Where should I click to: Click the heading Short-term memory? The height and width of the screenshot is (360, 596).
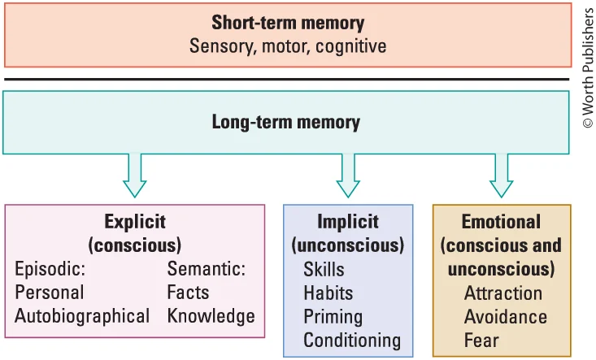pos(288,23)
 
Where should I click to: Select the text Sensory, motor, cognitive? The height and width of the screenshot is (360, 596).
pos(288,46)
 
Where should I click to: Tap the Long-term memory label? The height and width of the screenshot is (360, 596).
pos(285,123)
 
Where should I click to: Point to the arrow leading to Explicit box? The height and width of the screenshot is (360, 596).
pos(135,174)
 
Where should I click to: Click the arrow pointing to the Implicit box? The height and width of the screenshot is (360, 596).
pos(348,174)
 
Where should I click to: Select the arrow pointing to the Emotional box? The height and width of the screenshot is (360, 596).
pos(502,174)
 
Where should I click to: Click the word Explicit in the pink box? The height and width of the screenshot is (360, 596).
pos(134,222)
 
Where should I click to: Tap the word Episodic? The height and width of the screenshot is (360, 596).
pos(50,269)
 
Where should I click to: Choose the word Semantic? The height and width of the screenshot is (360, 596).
pos(206,269)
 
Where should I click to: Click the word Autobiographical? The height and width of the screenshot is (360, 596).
pos(82,316)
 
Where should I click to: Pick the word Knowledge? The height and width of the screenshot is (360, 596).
pos(211,316)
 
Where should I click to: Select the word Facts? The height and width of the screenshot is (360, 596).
pos(188,293)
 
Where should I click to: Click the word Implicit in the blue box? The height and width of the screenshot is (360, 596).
pos(347,222)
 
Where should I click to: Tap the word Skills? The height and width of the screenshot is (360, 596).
pos(324,269)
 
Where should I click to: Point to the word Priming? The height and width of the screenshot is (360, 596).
pos(333,316)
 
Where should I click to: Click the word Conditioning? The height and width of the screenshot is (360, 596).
pos(352,340)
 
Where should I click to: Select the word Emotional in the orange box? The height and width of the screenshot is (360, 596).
pos(501,222)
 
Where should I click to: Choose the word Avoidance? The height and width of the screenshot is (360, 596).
pos(505,316)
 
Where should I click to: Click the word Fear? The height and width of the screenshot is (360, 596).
pos(481,340)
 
